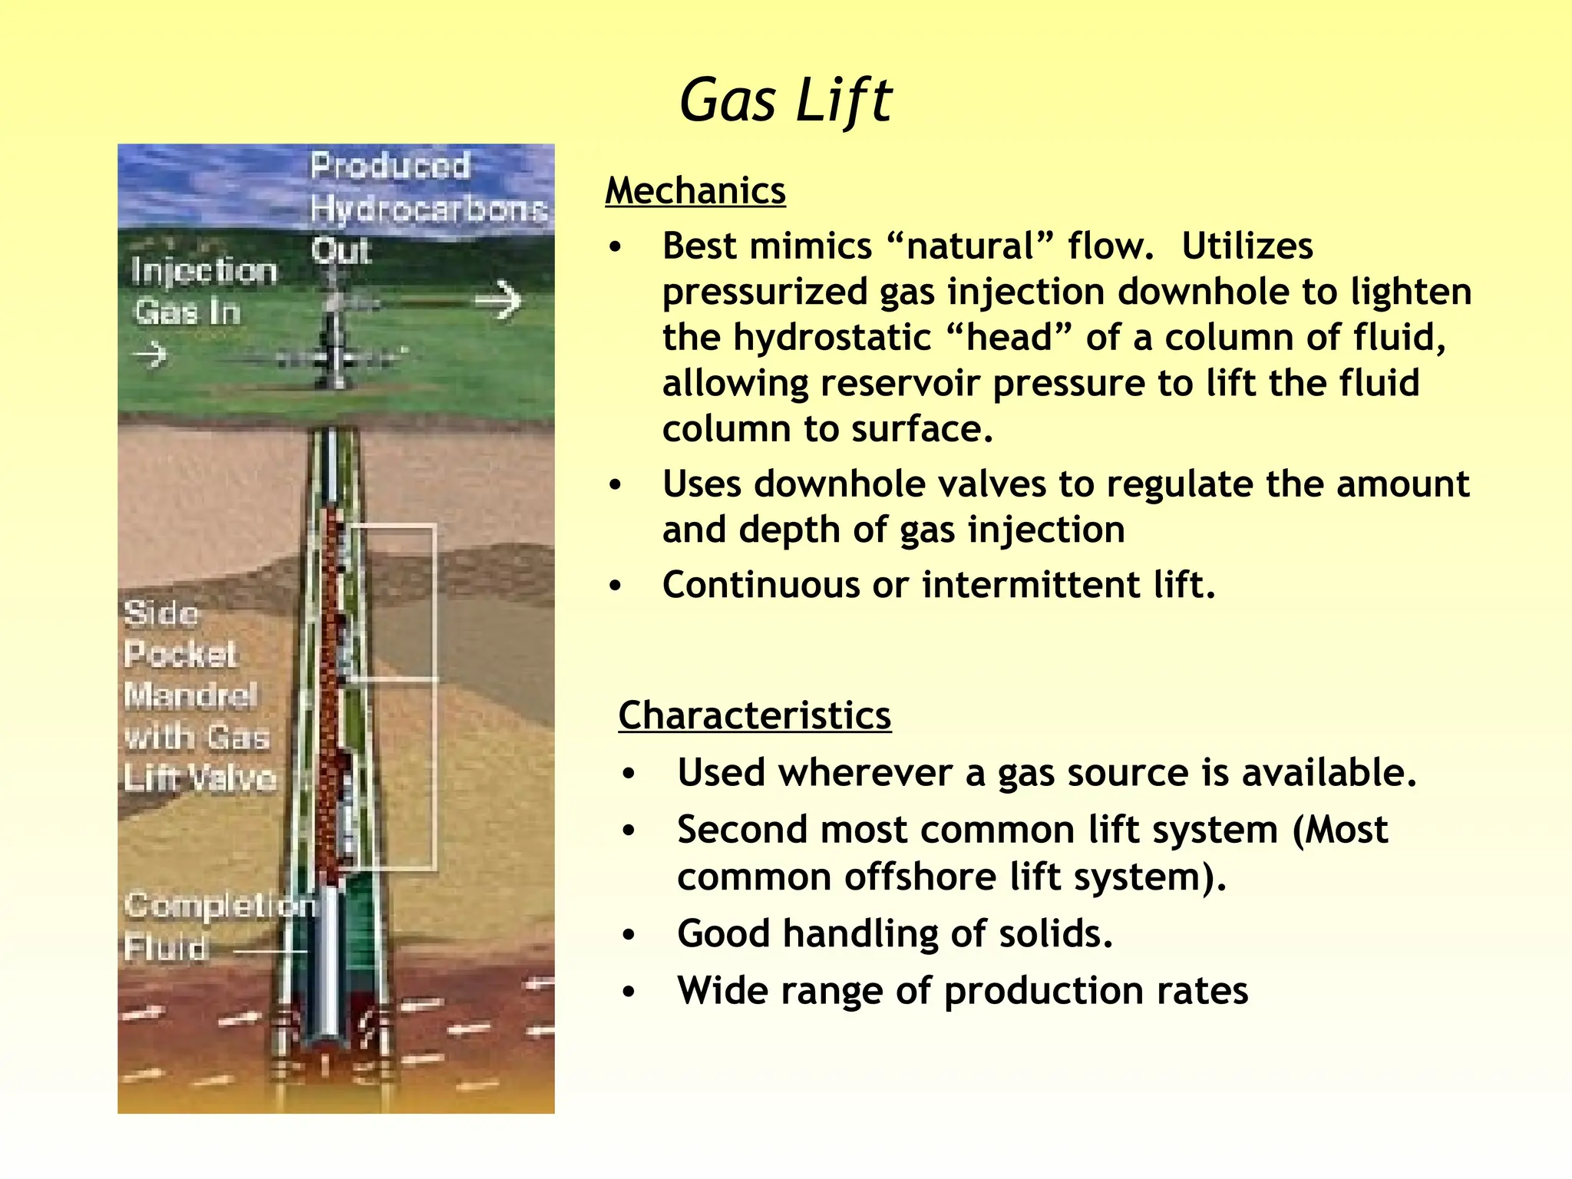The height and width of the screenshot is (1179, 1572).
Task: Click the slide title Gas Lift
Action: (785, 101)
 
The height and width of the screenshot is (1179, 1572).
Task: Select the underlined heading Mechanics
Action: (695, 190)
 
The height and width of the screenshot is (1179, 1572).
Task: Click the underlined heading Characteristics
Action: (755, 715)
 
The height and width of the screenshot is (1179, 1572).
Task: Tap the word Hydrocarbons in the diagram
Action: (428, 209)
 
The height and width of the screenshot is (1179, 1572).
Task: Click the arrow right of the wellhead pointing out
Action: (498, 299)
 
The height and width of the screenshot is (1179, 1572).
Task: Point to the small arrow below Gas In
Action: (150, 355)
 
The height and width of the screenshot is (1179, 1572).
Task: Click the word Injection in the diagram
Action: (203, 271)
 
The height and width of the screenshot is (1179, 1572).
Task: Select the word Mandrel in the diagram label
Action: (190, 695)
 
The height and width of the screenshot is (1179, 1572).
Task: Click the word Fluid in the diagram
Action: (167, 947)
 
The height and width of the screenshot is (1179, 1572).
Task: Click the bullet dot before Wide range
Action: (629, 992)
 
